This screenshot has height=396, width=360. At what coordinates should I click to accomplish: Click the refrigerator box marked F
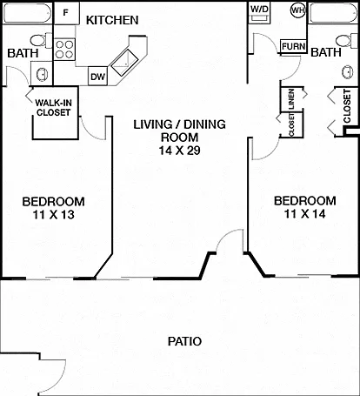66,13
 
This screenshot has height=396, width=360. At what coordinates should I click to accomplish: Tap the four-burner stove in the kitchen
64,50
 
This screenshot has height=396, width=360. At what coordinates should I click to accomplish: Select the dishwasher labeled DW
98,77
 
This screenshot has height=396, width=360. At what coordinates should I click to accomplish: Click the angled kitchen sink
124,63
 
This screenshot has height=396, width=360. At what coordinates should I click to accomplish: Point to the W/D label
259,9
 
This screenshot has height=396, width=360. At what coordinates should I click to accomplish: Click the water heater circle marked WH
298,10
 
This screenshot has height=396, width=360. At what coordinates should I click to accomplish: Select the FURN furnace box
293,46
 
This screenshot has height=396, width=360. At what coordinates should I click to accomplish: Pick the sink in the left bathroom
43,74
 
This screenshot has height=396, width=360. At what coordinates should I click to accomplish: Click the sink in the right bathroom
348,71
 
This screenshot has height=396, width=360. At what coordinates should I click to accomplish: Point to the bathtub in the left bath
27,13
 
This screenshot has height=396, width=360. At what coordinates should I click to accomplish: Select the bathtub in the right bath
334,13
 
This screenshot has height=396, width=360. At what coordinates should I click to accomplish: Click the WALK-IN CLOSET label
53,108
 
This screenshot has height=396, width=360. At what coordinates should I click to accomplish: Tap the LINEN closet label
291,98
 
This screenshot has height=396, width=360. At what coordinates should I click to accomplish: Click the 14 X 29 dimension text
180,151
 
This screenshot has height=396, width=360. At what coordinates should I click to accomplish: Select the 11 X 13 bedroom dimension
54,215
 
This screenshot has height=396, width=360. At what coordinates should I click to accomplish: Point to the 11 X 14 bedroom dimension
305,214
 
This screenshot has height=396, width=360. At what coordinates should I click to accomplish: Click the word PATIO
184,341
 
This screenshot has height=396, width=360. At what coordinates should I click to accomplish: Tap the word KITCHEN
112,20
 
